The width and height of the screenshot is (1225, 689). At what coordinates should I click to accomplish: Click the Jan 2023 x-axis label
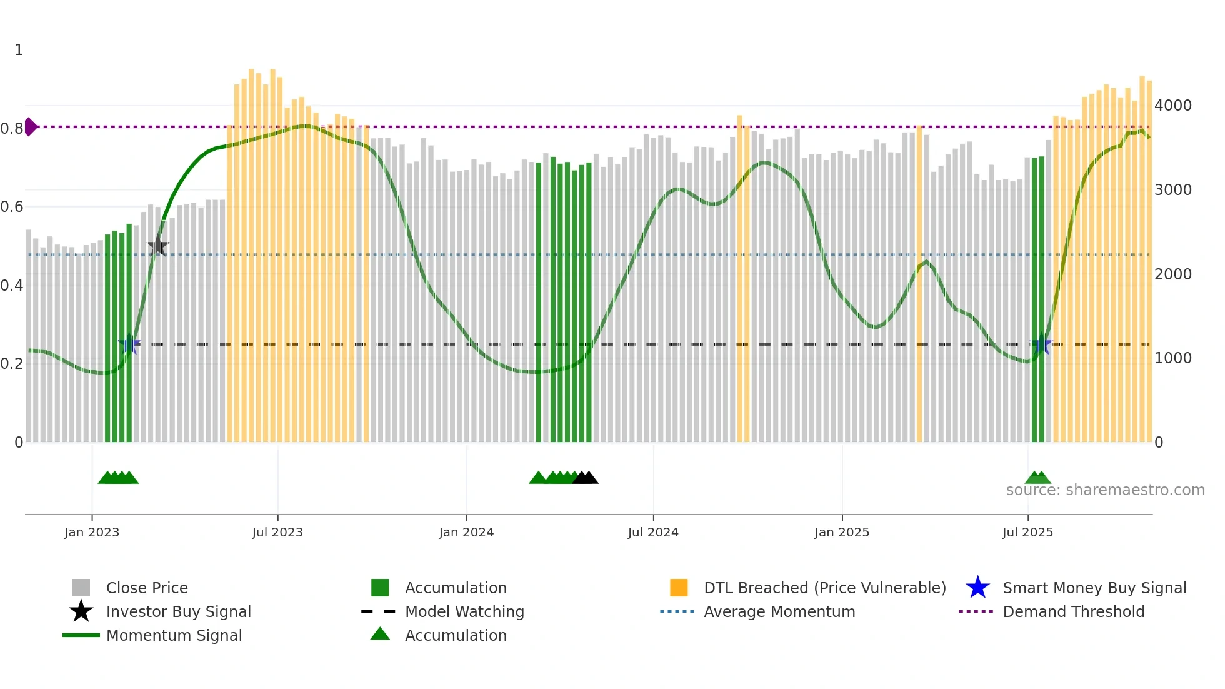92,532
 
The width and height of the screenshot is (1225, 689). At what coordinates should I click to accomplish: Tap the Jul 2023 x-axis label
277,532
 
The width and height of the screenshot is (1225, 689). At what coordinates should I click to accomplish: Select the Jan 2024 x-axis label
466,532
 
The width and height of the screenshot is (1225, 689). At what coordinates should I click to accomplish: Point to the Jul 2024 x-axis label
653,532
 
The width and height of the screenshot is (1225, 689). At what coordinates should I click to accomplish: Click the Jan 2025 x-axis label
842,532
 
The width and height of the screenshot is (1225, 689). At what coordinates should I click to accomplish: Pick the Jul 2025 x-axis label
1027,532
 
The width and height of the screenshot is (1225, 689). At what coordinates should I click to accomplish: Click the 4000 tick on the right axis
1172,105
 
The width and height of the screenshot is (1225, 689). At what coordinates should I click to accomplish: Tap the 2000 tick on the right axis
1172,274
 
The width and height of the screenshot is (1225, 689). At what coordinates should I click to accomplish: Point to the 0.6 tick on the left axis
12,207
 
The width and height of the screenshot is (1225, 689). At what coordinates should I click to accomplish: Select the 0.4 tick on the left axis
12,286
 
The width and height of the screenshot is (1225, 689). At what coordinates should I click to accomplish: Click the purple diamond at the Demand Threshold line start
31,127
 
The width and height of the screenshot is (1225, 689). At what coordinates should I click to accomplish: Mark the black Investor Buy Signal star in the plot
158,246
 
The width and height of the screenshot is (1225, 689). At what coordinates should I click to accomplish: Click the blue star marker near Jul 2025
1041,344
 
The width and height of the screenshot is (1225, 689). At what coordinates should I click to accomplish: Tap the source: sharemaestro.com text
1105,490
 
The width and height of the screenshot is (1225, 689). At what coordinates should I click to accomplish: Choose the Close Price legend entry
147,588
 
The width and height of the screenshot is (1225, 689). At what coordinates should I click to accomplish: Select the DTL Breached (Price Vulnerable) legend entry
824,588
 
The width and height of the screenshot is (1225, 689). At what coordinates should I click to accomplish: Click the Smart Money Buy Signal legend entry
1094,588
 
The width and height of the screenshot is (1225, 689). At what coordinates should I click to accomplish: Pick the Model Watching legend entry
464,611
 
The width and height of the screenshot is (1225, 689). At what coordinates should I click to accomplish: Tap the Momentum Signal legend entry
174,635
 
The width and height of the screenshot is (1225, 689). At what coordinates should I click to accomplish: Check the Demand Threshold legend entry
1073,611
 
